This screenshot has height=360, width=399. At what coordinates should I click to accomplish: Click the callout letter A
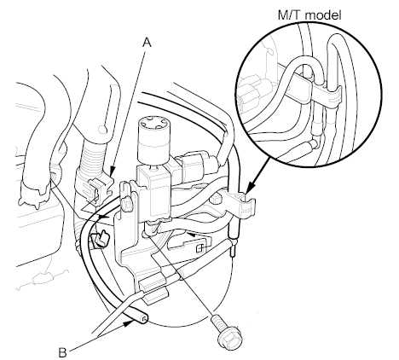147,43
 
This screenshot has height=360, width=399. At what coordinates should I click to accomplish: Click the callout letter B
62,352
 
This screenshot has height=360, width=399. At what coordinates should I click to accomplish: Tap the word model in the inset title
323,15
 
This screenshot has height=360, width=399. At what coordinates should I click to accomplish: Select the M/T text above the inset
290,15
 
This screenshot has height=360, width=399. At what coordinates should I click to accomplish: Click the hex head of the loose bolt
230,338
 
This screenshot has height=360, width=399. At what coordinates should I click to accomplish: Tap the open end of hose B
144,320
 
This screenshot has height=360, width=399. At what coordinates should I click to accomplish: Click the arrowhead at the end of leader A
112,171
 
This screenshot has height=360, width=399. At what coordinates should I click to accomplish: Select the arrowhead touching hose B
130,322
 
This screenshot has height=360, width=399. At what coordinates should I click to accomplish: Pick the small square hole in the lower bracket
200,248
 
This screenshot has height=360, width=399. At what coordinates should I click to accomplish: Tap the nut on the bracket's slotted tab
126,203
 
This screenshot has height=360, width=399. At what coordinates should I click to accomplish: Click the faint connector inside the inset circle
252,94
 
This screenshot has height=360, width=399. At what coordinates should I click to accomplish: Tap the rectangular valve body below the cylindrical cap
153,194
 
